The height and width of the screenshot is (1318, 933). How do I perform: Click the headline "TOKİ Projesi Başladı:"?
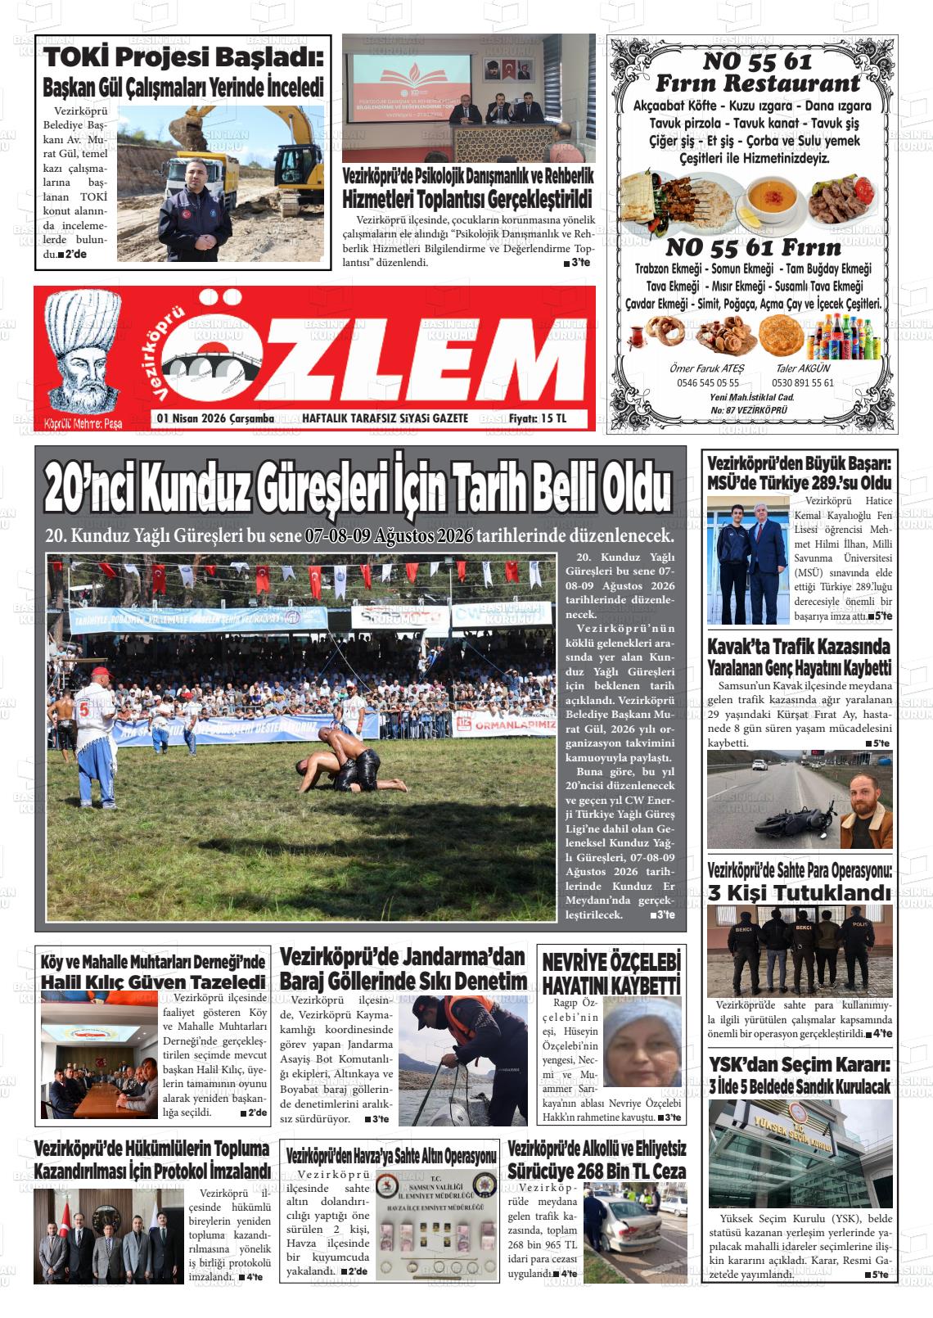pos(183,57)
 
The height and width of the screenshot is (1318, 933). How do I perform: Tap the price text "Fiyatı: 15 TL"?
pos(537,418)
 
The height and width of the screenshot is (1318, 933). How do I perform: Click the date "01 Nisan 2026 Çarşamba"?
pos(215,418)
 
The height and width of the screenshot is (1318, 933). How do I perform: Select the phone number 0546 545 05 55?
pos(708,382)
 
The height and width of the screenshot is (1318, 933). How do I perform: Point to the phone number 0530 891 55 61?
pos(801,382)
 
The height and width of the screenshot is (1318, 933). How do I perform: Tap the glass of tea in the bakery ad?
pos(636,334)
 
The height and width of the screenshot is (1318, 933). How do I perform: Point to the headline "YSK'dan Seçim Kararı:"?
pos(799,1065)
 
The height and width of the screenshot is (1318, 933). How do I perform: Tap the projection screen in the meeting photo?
pos(407,93)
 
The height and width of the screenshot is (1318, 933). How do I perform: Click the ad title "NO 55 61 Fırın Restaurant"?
pos(758,72)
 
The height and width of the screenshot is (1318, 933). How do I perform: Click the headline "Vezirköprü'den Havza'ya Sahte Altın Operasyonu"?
pos(392,1156)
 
